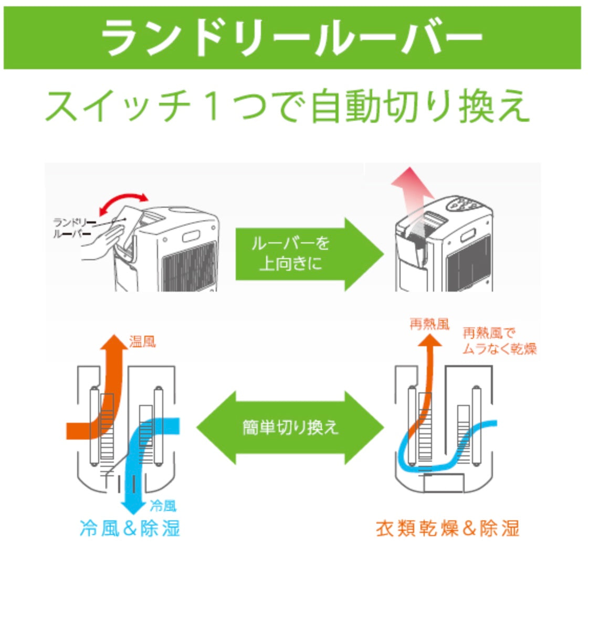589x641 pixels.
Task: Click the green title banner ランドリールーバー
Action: [x=292, y=38]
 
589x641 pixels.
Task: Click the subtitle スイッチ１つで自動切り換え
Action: [x=287, y=106]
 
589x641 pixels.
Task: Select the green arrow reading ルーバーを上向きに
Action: [x=309, y=254]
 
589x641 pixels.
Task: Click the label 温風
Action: [x=142, y=341]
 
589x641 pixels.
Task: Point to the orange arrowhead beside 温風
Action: [x=114, y=342]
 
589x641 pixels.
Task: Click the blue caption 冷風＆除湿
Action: [x=130, y=528]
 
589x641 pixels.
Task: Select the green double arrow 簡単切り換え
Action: [x=290, y=428]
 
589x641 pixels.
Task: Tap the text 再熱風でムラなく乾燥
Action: [x=499, y=341]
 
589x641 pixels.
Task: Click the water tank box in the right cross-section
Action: [x=444, y=484]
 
